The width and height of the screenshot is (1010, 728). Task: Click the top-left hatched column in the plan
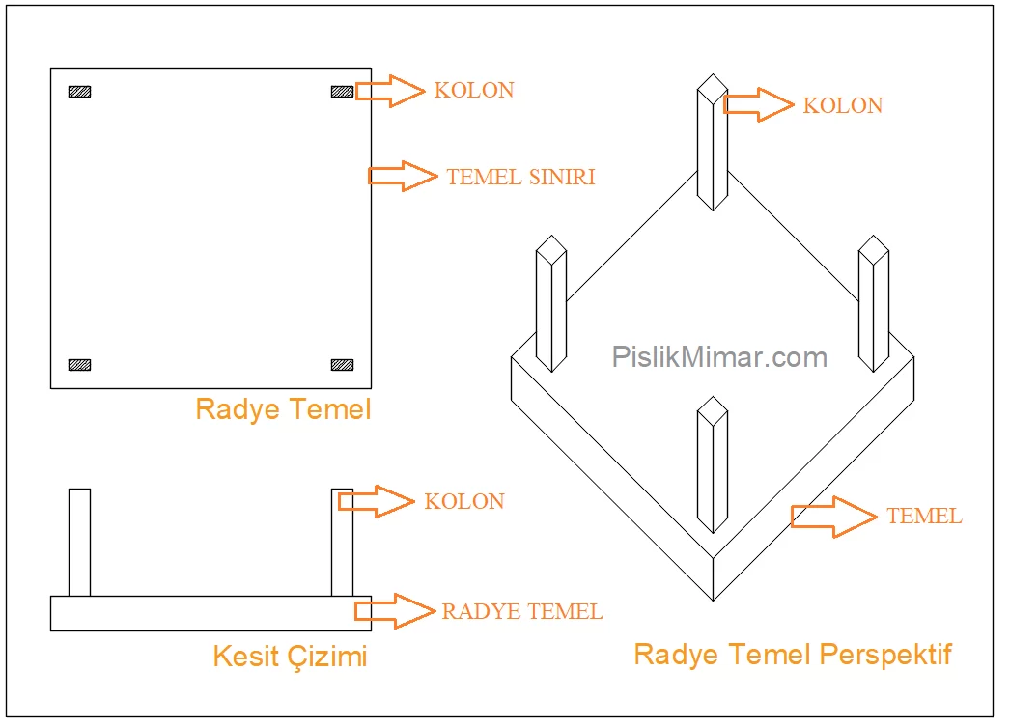pos(79,92)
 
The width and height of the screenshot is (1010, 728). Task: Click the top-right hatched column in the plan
pos(342,92)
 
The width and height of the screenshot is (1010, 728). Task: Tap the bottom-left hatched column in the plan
pos(79,365)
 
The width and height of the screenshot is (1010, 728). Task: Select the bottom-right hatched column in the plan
pos(342,365)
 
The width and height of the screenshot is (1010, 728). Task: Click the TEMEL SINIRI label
pos(520,177)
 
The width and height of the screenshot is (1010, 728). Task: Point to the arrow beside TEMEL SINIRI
pos(402,176)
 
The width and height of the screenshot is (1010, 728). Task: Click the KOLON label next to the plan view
pos(474,90)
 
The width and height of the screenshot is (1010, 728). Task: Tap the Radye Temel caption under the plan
pos(283,409)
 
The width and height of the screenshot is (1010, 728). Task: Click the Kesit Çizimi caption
pos(290,658)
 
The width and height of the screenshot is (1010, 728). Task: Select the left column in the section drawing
pos(79,542)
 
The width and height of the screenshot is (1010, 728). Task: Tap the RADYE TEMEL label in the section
pos(522,611)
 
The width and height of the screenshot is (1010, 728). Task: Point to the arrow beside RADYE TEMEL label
pos(394,610)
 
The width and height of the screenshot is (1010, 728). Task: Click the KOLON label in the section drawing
pos(464,501)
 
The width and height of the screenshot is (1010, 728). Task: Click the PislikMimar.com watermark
pos(719,357)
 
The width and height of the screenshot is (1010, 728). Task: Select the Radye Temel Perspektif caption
pos(793,655)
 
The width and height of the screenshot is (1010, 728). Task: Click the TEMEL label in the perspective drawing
pos(924,517)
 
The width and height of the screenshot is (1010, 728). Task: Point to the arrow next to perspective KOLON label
pos(758,104)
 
